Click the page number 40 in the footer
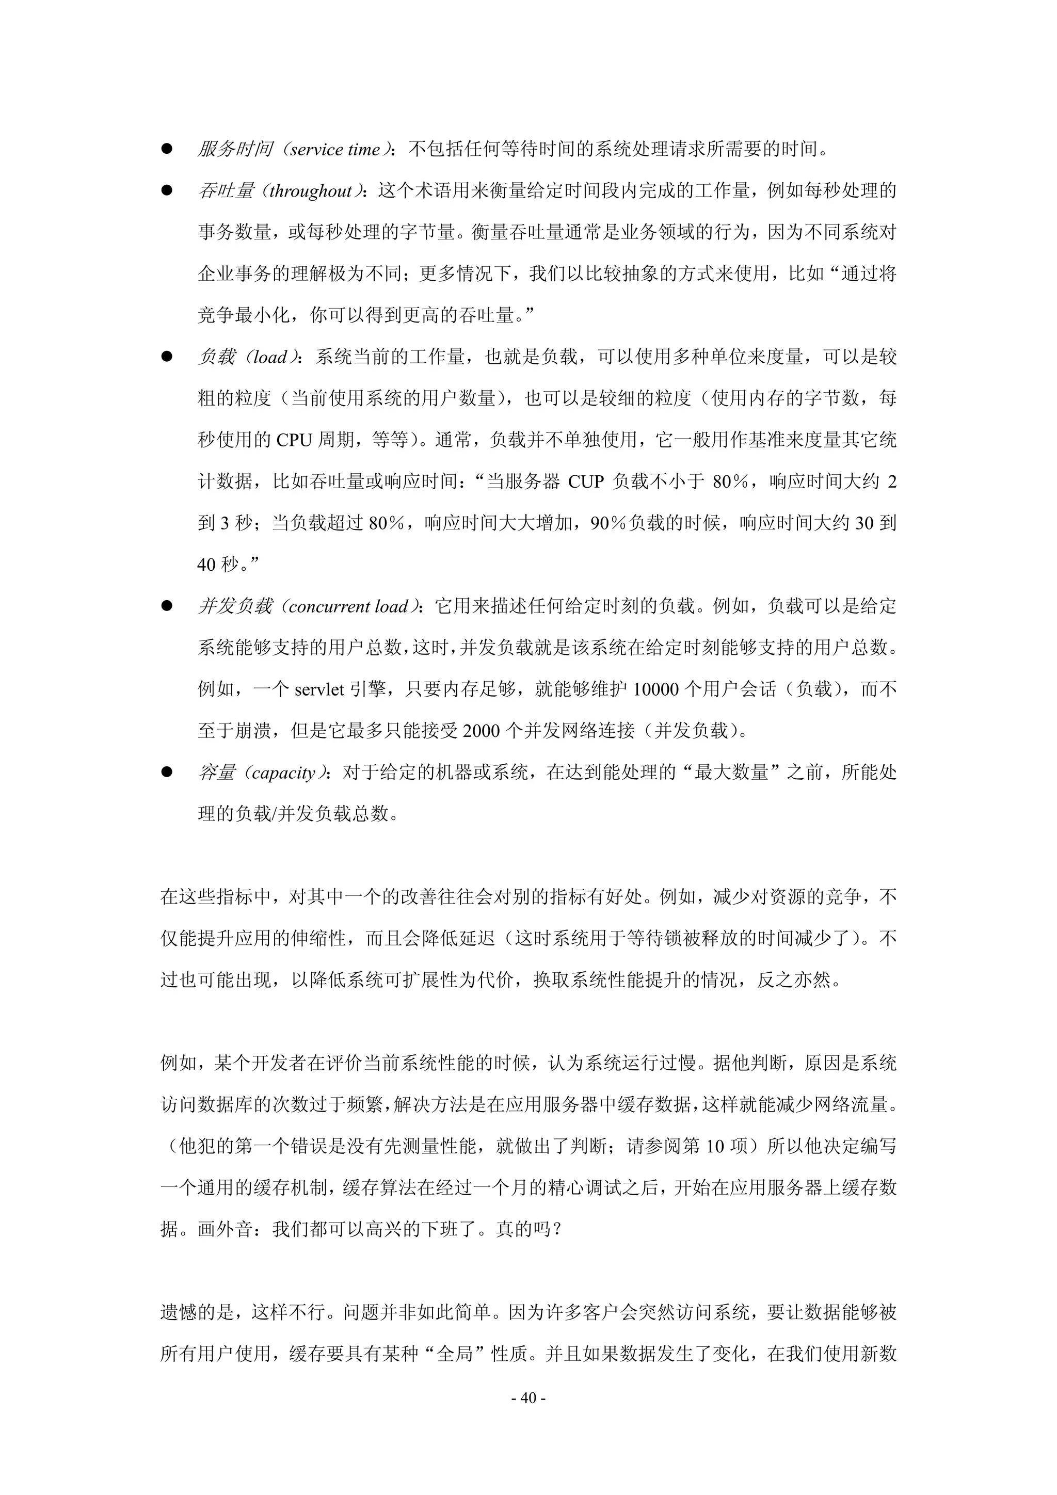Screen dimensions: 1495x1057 (528, 1397)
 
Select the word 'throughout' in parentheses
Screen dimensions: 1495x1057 (310, 191)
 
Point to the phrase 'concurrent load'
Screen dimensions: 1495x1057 (348, 607)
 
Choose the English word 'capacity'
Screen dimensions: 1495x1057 (283, 773)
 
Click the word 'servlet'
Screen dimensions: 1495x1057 (318, 689)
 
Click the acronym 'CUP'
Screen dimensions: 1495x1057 (586, 482)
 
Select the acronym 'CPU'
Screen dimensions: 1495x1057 (294, 440)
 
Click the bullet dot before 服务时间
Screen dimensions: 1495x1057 (167, 149)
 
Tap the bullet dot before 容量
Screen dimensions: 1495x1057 (167, 772)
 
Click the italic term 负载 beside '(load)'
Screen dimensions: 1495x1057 (216, 357)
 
